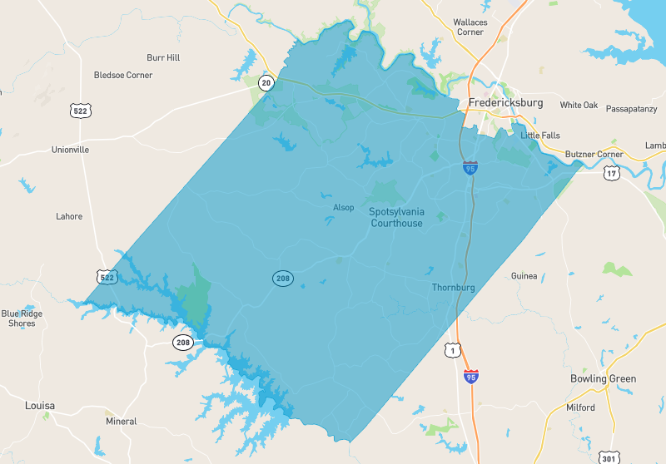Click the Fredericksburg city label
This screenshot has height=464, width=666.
click(505, 103)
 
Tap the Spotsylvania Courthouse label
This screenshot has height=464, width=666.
click(396, 217)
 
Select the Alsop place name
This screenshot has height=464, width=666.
click(343, 207)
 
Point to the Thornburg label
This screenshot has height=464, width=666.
click(453, 288)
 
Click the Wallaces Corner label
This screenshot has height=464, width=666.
click(470, 27)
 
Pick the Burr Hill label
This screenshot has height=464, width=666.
click(163, 57)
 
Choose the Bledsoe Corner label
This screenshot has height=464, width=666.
click(123, 75)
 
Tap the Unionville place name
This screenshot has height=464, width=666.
click(70, 150)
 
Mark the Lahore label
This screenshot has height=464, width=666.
click(69, 216)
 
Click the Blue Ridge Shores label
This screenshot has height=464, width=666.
click(22, 318)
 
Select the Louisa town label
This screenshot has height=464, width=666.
click(39, 406)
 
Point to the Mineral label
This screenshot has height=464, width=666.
click(121, 422)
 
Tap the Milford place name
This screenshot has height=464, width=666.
click(581, 407)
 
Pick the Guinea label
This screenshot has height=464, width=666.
click(524, 276)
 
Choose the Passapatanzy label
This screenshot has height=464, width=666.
click(631, 109)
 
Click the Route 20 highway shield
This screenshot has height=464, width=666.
click(266, 82)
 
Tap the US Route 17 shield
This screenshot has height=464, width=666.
click(612, 173)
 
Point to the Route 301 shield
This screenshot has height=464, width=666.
click(608, 457)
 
